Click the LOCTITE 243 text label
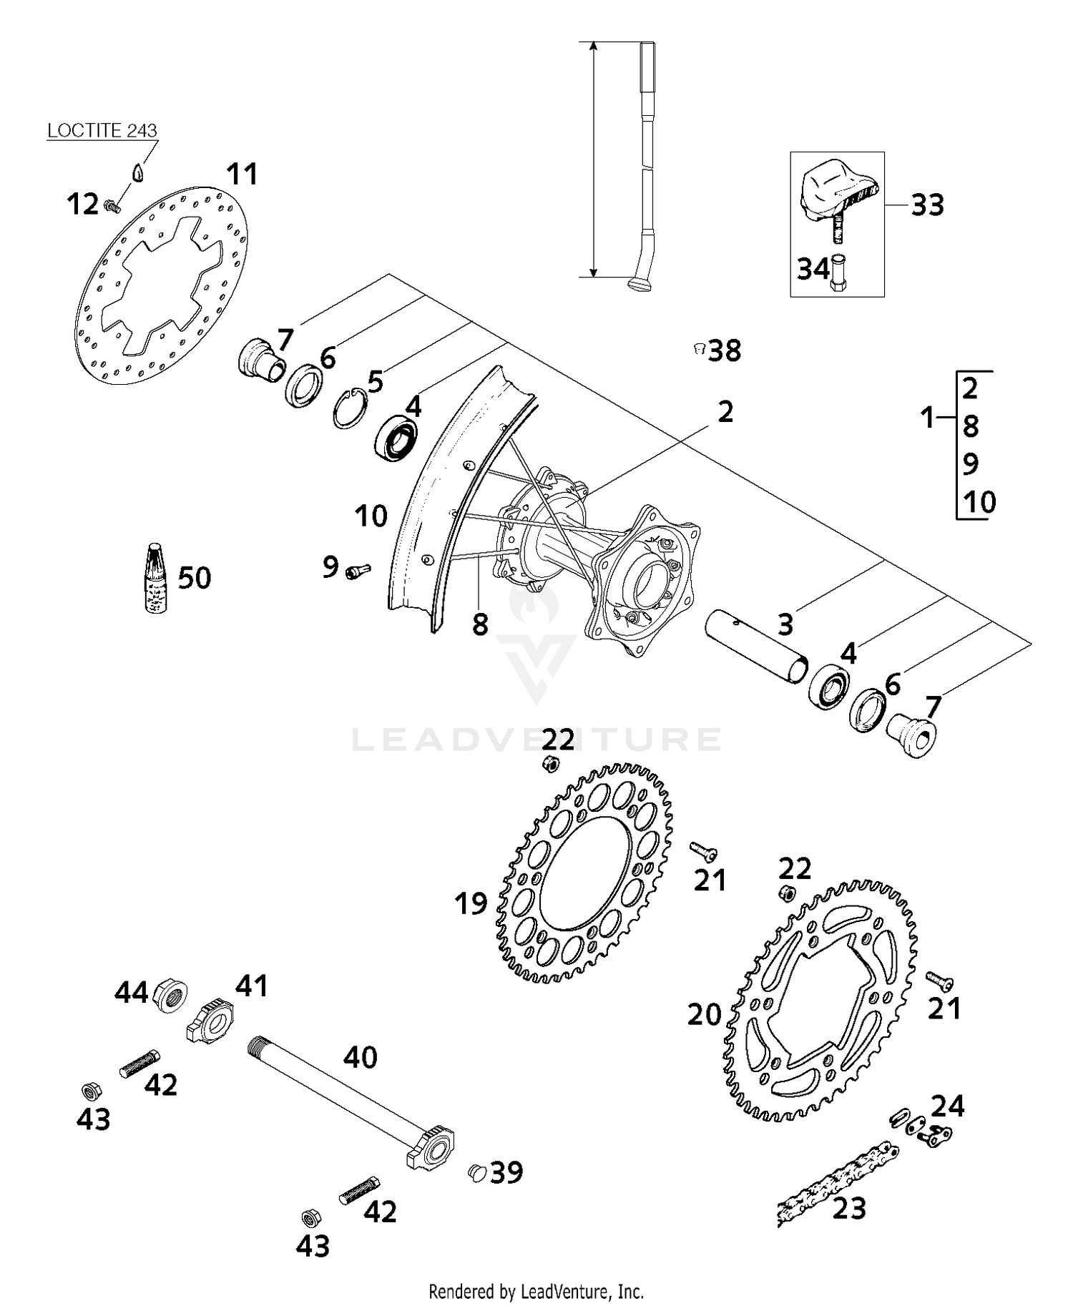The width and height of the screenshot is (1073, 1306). pyautogui.click(x=102, y=131)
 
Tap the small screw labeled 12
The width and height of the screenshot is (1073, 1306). pyautogui.click(x=112, y=206)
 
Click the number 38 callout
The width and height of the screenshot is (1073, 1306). pyautogui.click(x=725, y=350)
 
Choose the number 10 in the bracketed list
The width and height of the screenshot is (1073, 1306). pyautogui.click(x=979, y=502)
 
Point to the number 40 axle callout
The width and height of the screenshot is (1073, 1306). pyautogui.click(x=360, y=1057)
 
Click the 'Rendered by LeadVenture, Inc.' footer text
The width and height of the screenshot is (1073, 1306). pyautogui.click(x=536, y=1292)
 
